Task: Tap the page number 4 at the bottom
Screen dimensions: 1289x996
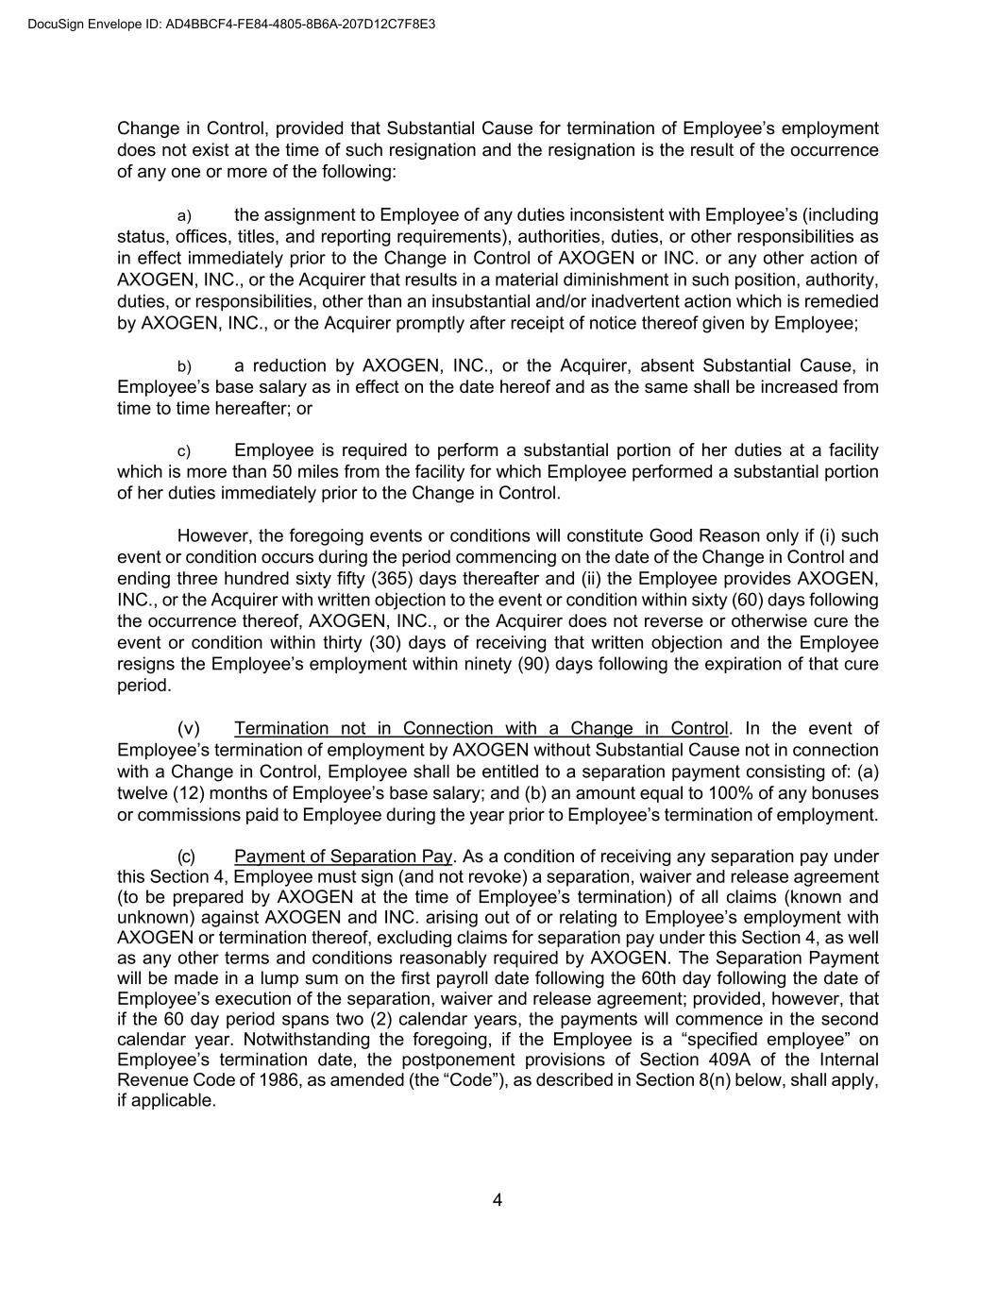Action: (x=498, y=1200)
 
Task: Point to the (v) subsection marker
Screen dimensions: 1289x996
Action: (x=189, y=728)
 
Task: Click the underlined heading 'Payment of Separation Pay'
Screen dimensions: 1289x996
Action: (x=344, y=857)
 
